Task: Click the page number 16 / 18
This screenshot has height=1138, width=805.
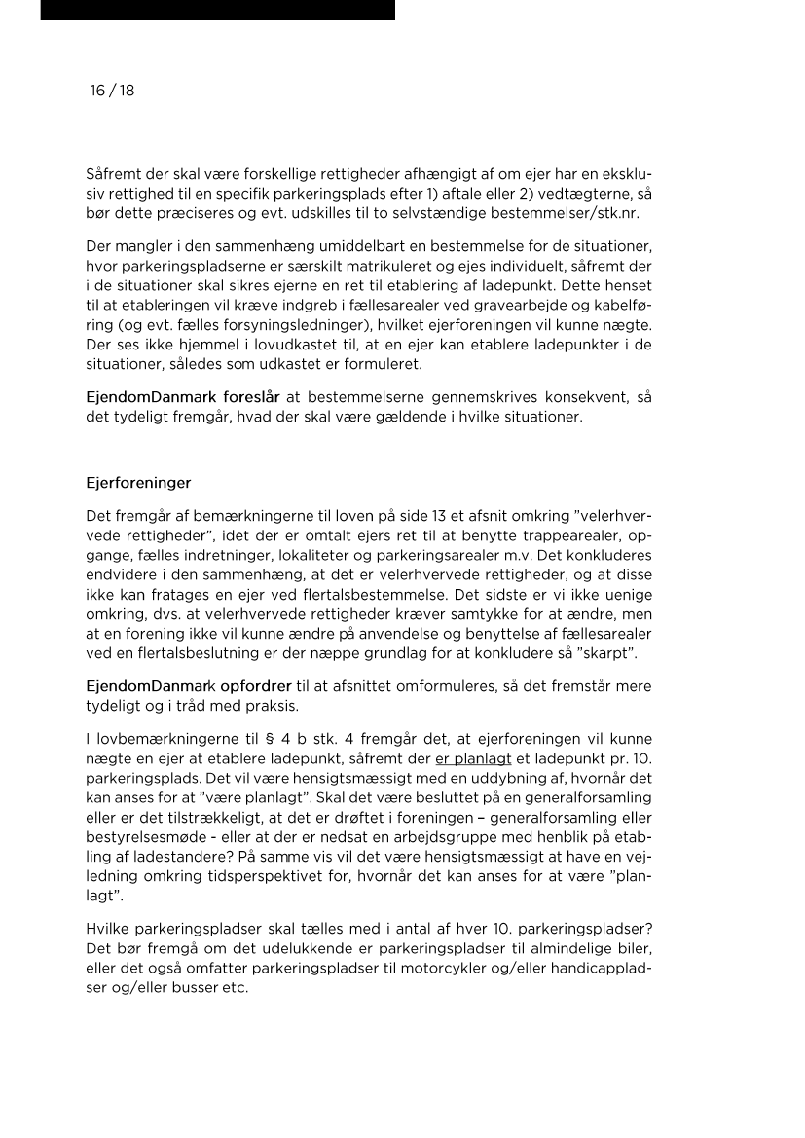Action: pyautogui.click(x=112, y=91)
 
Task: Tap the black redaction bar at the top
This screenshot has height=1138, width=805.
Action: pyautogui.click(x=217, y=10)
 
